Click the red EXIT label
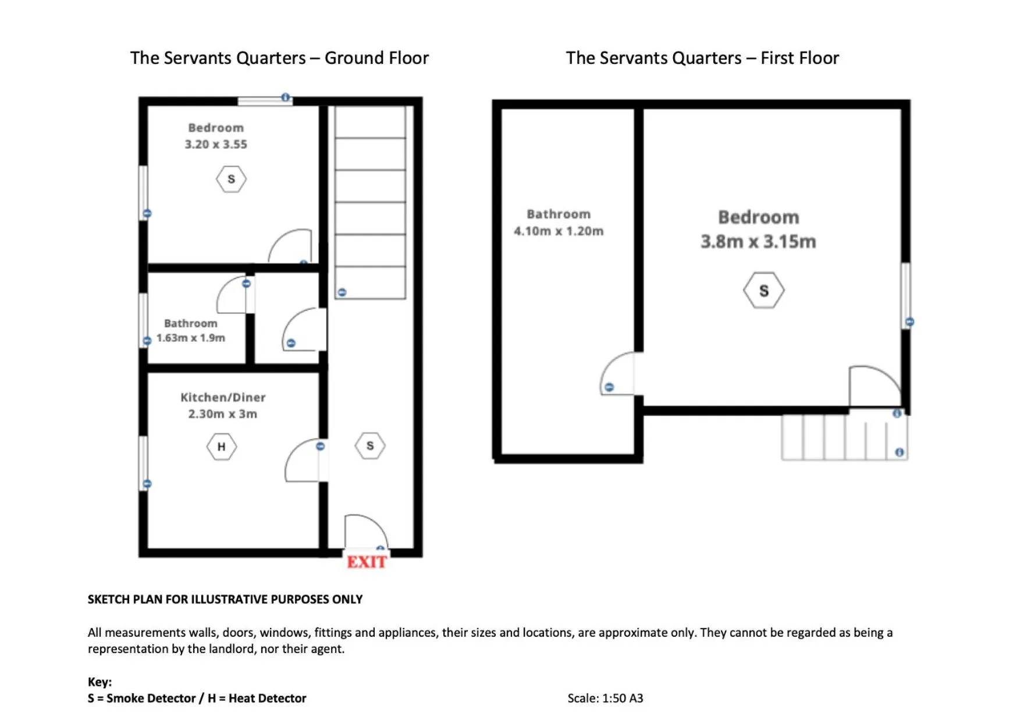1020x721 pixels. [x=367, y=562]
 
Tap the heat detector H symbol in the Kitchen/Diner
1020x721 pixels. [x=221, y=447]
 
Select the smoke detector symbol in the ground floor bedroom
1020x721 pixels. [x=231, y=179]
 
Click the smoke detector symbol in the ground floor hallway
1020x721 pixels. [x=370, y=446]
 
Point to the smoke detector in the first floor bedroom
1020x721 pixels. [x=763, y=290]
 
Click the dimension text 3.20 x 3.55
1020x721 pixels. [x=216, y=144]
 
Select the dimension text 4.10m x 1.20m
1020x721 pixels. [x=558, y=231]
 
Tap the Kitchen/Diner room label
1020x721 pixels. [x=223, y=397]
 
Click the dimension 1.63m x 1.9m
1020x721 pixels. [x=191, y=338]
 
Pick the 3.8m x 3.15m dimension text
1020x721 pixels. [x=758, y=241]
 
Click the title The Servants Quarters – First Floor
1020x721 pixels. [x=702, y=58]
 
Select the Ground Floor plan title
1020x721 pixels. [x=279, y=58]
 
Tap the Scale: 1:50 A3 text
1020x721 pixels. [x=605, y=698]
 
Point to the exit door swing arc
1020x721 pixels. [x=365, y=531]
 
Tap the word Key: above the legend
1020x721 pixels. [x=99, y=681]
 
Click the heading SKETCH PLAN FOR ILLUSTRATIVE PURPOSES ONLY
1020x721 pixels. [x=225, y=599]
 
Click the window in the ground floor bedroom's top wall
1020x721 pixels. [x=265, y=101]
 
